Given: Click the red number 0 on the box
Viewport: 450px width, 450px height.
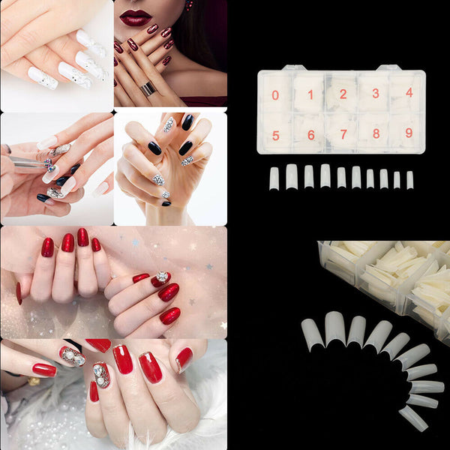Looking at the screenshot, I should (x=275, y=95).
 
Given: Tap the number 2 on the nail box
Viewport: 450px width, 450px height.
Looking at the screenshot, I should (x=343, y=94).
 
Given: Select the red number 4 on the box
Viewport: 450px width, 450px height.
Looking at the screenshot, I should (x=409, y=92).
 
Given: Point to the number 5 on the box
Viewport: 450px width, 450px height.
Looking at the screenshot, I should (x=276, y=136).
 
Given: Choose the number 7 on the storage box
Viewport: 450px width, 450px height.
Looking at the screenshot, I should (x=343, y=134).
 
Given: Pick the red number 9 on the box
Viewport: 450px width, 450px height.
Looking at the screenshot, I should (x=409, y=133).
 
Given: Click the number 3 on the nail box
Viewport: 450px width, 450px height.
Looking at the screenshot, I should (x=376, y=94).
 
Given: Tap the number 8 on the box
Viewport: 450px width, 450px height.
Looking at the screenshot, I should (x=376, y=134).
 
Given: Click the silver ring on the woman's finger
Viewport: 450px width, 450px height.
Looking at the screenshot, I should (x=148, y=88).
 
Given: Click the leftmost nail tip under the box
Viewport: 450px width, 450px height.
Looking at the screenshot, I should (x=274, y=178).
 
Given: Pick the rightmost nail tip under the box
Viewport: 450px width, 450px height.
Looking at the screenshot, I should (x=410, y=180).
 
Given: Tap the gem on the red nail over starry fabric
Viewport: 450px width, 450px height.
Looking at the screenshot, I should (x=162, y=277).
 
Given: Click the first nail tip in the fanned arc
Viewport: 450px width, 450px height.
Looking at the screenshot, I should (x=311, y=334).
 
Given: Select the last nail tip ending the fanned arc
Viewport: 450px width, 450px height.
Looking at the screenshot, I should (x=413, y=418).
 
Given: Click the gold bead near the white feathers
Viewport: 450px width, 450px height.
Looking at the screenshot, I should (x=34, y=381).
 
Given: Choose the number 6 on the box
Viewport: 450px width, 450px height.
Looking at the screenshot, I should (x=310, y=136).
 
